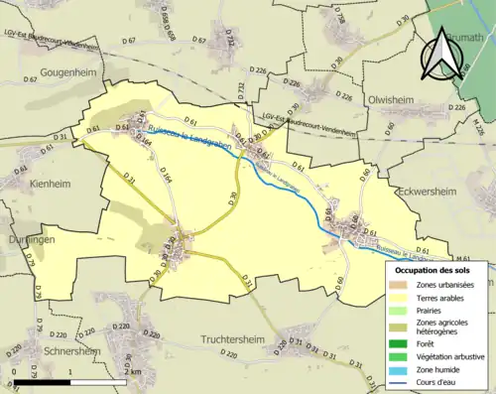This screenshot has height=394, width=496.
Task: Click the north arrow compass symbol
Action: pos(438,55)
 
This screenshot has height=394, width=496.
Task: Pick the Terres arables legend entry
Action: pos(436,299)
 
